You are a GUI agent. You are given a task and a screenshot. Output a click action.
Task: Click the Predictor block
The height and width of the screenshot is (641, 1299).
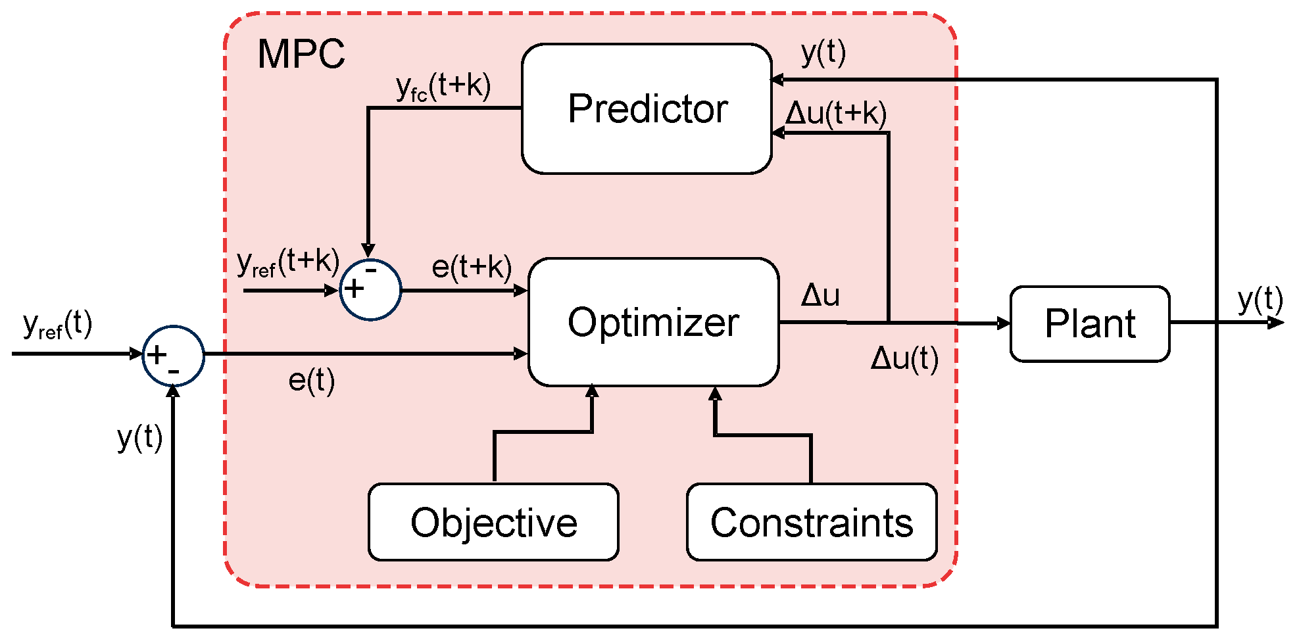[x=647, y=108]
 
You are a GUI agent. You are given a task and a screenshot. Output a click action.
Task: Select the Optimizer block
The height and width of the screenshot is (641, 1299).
[x=653, y=322]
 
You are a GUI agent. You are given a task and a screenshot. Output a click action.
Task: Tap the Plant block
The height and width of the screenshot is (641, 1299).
[x=1089, y=323]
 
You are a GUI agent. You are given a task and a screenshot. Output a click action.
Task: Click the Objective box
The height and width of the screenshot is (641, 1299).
[x=493, y=522]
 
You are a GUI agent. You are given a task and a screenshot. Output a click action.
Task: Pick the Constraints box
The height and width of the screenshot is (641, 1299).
[x=811, y=522]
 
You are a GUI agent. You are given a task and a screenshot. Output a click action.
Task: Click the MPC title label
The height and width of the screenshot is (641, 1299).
[x=301, y=54]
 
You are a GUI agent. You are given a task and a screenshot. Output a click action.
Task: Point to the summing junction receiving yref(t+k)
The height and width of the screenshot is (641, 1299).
[x=370, y=290]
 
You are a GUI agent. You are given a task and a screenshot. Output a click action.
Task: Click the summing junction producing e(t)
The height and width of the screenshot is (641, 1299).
[x=173, y=356]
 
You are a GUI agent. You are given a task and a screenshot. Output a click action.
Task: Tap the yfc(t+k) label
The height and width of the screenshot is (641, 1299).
[x=443, y=87]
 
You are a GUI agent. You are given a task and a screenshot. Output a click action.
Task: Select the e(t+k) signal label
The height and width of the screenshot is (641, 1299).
[x=471, y=267]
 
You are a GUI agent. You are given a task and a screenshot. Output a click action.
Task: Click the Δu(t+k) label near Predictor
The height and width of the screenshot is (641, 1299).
[x=836, y=113]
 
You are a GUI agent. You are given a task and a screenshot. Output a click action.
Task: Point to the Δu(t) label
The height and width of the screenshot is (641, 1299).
[x=904, y=359]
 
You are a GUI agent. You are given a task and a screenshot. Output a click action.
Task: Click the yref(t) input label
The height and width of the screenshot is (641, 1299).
[x=57, y=324]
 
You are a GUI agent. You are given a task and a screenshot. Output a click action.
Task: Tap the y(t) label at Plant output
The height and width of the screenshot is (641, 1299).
[x=1260, y=300]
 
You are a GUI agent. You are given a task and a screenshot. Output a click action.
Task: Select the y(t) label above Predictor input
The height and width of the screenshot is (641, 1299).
[x=823, y=52]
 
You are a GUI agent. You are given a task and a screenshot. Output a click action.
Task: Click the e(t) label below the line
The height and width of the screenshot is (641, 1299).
[x=311, y=381]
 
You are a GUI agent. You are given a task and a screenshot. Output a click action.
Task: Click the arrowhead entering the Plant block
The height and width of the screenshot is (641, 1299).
[x=1004, y=323]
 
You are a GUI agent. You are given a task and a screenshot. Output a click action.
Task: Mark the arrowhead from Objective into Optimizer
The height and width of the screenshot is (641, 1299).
[x=592, y=392]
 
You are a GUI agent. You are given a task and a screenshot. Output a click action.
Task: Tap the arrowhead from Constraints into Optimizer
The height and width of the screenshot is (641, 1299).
[x=716, y=394]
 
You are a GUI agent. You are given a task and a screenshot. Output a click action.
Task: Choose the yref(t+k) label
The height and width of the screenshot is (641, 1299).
[x=287, y=262]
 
